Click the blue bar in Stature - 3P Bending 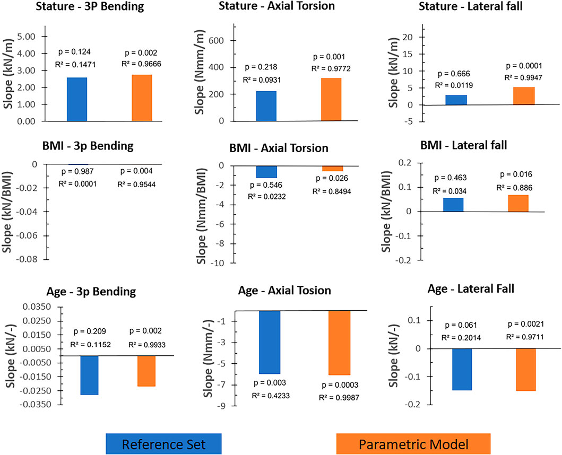(77, 99)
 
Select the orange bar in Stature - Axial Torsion (331, 100)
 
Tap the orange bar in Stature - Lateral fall (524, 95)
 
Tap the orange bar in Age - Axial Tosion (331, 343)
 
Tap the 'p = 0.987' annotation (76, 171)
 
